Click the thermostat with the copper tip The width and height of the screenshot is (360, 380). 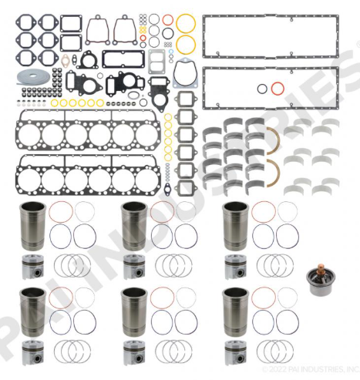320,282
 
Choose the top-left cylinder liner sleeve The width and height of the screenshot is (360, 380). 33,226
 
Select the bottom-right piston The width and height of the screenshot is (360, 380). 236,352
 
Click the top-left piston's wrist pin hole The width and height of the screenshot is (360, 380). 38,272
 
